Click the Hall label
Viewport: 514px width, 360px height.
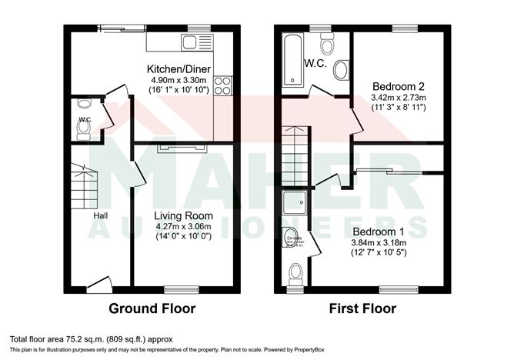click(101, 215)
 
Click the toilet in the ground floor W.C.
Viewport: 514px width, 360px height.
click(84, 130)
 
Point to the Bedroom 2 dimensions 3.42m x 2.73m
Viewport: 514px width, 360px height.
click(398, 98)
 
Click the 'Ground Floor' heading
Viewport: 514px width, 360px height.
click(152, 309)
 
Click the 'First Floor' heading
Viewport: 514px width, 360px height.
click(362, 309)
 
